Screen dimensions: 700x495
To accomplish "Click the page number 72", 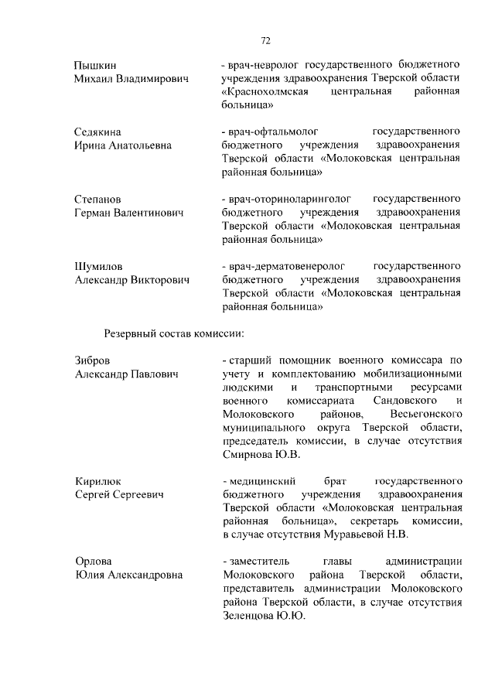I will (x=265, y=41).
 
